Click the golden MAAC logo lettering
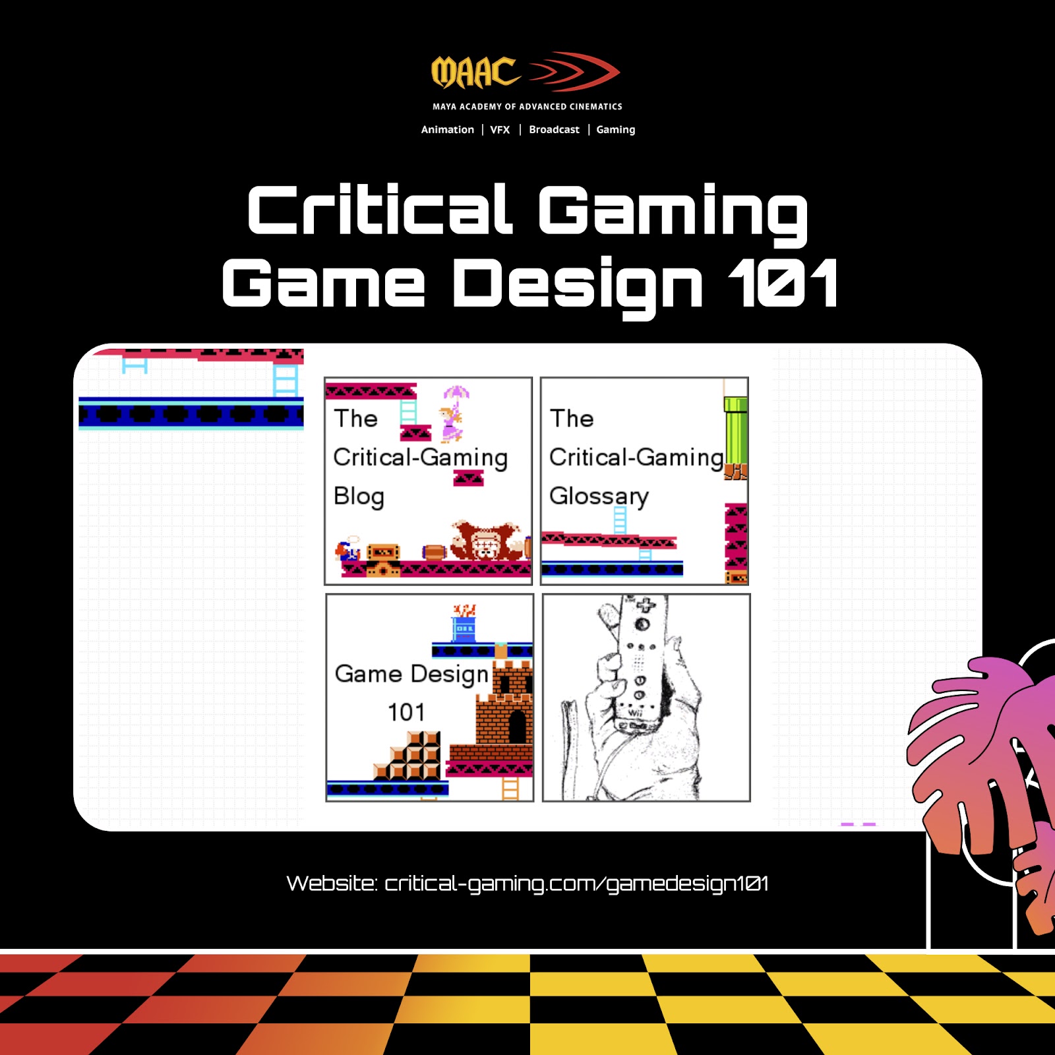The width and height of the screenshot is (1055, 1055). coord(475,73)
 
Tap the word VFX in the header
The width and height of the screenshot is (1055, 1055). coord(500,130)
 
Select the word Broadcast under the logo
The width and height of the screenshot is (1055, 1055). coord(554,130)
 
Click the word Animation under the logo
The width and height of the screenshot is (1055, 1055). coord(447,130)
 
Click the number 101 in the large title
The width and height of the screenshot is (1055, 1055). coord(783,284)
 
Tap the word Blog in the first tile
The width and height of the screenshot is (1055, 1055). coord(359,497)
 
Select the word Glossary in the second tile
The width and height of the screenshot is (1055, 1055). coord(599,497)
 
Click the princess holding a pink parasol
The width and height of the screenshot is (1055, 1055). coord(453,414)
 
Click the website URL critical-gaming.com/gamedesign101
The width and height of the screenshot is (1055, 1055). coord(576,884)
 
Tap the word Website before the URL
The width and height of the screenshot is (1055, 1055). coord(332,884)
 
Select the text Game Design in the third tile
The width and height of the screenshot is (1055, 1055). coord(411,675)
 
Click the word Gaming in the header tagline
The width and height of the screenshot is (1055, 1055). coord(616,130)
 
